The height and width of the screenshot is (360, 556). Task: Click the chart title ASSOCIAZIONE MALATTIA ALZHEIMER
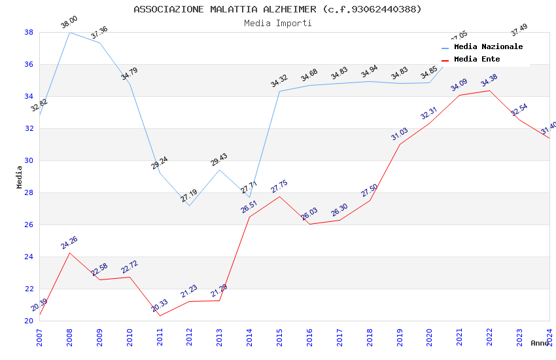[x=277, y=9]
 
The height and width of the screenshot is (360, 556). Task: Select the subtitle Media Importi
[x=277, y=23]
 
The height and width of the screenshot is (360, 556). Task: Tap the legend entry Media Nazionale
[x=488, y=46]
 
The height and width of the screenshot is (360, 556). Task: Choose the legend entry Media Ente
[x=477, y=59]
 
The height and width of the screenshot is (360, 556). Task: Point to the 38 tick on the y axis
[x=29, y=32]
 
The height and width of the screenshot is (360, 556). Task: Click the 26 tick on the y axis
[x=29, y=225]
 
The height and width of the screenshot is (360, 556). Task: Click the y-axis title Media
[x=20, y=177]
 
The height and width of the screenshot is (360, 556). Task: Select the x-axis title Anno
[x=540, y=343]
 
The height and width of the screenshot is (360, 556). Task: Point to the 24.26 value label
[x=69, y=243]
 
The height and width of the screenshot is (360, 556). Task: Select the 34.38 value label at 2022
[x=489, y=81]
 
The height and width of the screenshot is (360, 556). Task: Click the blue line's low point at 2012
[x=189, y=206]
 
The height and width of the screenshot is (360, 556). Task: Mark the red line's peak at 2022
[x=489, y=90]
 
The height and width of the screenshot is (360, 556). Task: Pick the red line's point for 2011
[x=160, y=315]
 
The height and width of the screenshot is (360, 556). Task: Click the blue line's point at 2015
[x=279, y=91]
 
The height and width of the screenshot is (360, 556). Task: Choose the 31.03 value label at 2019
[x=400, y=134]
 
